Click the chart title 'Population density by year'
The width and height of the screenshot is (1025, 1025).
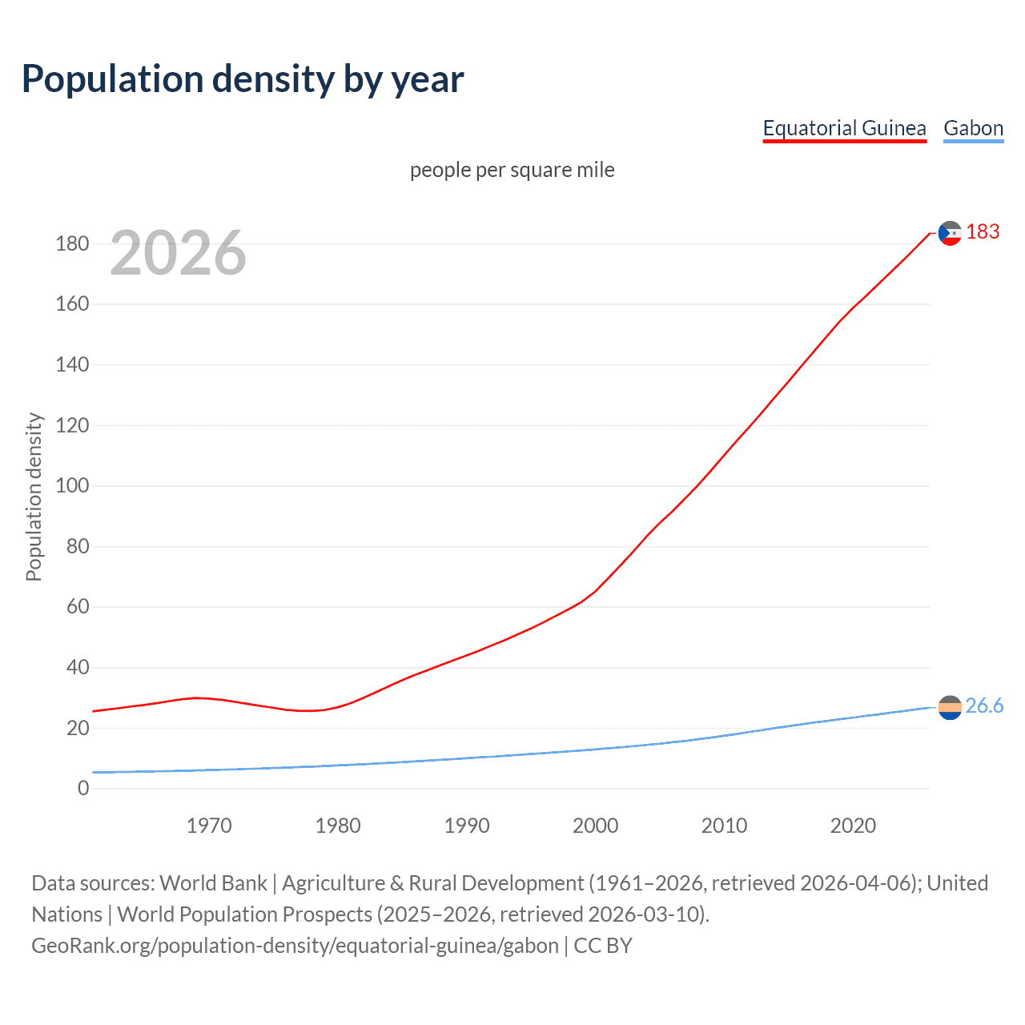[x=243, y=79]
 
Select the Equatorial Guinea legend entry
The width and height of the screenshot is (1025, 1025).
[x=844, y=128]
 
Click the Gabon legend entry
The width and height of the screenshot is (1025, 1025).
[x=973, y=128]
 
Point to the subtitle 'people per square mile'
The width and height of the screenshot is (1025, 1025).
[x=512, y=170]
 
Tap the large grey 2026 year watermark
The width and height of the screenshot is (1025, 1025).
[x=178, y=253]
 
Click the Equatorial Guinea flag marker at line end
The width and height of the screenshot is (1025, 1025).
[x=950, y=233]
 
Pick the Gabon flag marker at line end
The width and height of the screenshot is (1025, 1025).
[x=950, y=707]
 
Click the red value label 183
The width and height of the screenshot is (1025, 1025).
[x=983, y=232]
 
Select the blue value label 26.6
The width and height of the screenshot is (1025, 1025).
[x=984, y=705]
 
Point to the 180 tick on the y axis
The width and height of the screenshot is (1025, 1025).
[x=72, y=243]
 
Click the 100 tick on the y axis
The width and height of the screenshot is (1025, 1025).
[x=72, y=486]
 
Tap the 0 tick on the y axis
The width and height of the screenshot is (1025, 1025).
[x=83, y=789]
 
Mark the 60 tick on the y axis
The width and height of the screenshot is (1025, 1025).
[x=78, y=607]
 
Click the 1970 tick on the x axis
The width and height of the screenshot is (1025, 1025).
[x=209, y=826]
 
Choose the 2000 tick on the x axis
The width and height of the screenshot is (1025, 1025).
[x=595, y=826]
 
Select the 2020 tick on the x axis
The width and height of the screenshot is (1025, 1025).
[x=853, y=826]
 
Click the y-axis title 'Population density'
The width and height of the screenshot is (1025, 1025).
[x=34, y=496]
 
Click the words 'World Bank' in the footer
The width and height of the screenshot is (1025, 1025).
[x=213, y=883]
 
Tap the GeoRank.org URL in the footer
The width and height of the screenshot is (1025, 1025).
[x=295, y=946]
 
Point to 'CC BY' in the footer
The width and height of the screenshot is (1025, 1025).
[x=603, y=946]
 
